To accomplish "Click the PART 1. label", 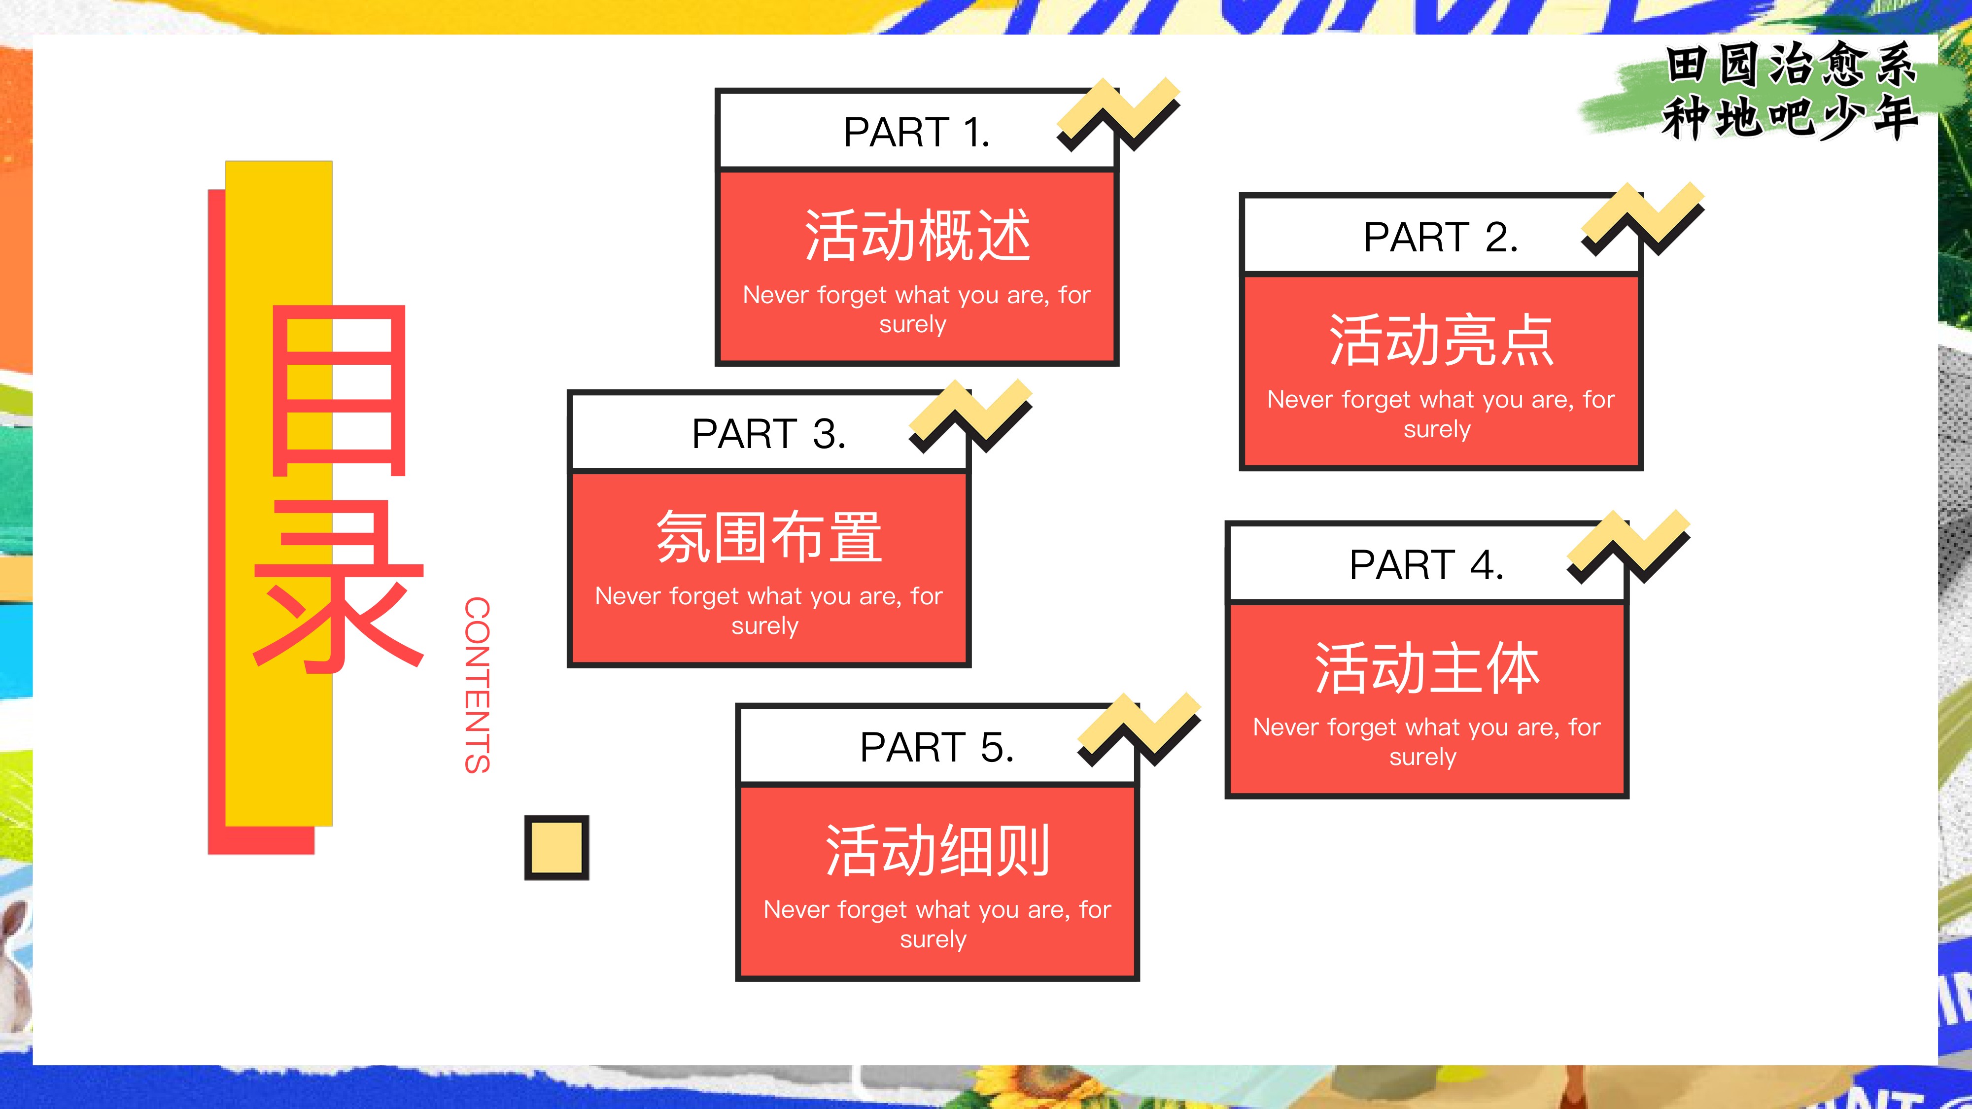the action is (x=916, y=133).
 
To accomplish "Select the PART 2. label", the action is (x=1440, y=237).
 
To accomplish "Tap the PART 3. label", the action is (x=768, y=434).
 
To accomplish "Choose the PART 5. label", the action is (x=937, y=748).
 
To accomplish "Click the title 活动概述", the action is (x=917, y=236).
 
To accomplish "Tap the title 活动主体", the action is (x=1427, y=668).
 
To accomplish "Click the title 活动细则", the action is (x=937, y=850).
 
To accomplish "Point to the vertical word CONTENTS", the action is (x=477, y=685).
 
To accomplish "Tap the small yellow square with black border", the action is (x=556, y=847).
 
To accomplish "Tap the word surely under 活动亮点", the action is (x=1437, y=429).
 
